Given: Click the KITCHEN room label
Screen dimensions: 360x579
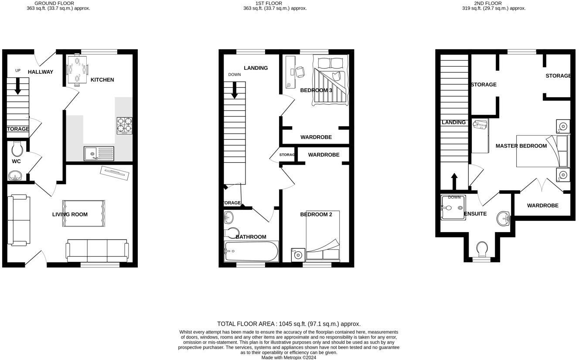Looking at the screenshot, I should click(x=102, y=80).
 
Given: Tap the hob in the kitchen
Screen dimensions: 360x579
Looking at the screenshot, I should click(x=124, y=126).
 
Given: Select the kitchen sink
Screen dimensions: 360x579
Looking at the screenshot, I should click(x=99, y=153).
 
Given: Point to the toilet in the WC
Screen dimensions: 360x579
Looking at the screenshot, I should click(x=17, y=149).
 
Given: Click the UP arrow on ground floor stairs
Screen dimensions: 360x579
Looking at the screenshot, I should click(x=18, y=86).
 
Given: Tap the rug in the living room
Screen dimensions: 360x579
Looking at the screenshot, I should click(x=84, y=213).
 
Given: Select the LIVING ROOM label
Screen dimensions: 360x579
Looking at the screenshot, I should click(x=70, y=214).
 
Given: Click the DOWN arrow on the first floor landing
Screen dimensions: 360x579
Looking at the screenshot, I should click(x=235, y=89).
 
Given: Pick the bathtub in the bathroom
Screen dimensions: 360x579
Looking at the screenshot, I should click(x=251, y=251).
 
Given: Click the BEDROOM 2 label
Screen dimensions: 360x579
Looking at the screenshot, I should click(x=316, y=214).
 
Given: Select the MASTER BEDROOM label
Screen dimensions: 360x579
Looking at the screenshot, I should click(x=521, y=146).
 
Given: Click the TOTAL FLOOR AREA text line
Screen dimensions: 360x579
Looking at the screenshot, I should click(x=289, y=324).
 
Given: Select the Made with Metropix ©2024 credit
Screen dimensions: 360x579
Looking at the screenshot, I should click(x=289, y=357).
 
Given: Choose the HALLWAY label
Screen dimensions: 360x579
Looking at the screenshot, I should click(x=41, y=72).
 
